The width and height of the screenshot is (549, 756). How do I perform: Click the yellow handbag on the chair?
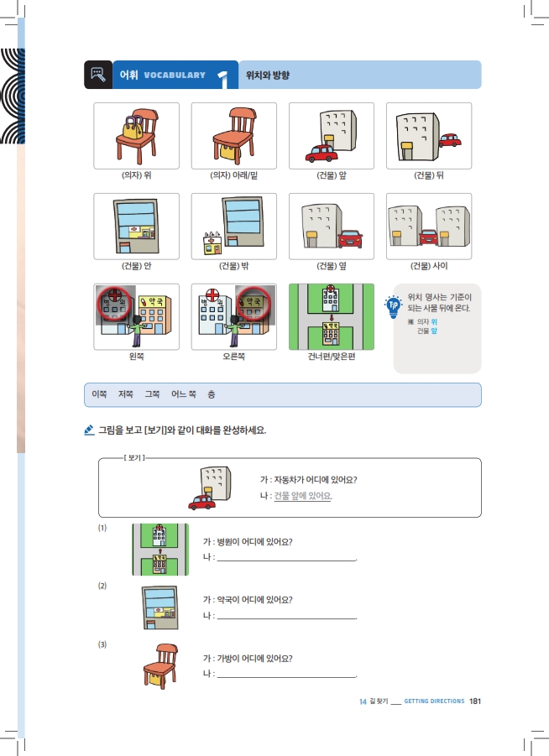coord(132,128)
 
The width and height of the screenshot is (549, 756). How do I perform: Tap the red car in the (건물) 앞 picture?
coord(322,154)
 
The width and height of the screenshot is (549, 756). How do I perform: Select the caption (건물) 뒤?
coord(429,175)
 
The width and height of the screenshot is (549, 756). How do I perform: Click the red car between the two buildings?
coord(428,237)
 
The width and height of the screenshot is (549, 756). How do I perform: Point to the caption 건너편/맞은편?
coord(332,357)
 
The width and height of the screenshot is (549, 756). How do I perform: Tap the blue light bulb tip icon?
coord(394,306)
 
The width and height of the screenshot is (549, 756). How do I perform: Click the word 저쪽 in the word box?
coord(125,394)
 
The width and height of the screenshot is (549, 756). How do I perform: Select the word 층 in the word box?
coord(212,394)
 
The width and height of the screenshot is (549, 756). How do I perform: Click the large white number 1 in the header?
coord(223,79)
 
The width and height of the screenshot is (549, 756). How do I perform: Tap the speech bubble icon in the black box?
coord(98,74)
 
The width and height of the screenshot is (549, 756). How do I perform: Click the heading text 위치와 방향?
coord(268,75)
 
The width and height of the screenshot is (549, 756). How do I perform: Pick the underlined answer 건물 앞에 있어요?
coord(303,496)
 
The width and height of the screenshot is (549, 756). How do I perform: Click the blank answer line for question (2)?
coord(286,618)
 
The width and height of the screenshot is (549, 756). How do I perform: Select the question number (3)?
coord(102,644)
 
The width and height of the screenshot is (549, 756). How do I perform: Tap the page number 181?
coord(475,701)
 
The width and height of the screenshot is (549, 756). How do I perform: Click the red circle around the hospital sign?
coord(114,304)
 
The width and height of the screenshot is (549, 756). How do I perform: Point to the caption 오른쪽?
coord(234,357)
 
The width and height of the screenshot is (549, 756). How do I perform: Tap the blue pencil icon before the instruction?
coord(89,430)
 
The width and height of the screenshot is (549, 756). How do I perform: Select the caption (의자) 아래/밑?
coord(234,175)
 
